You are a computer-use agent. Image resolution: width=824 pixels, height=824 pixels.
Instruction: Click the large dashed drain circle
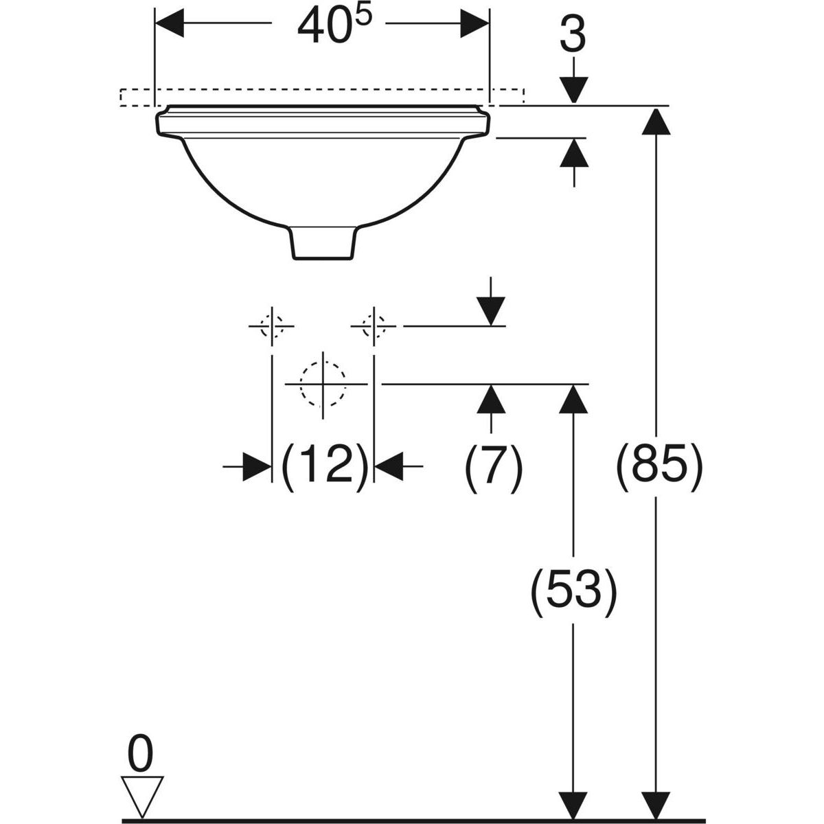click(x=323, y=383)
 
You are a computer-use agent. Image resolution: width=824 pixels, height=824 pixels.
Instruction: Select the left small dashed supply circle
click(x=272, y=325)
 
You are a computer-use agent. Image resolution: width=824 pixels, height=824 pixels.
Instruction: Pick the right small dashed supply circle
click(x=373, y=325)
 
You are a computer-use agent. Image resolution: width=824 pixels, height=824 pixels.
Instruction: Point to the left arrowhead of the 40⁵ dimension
click(x=170, y=25)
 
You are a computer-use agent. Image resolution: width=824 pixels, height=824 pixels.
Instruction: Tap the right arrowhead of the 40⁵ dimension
click(x=475, y=25)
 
